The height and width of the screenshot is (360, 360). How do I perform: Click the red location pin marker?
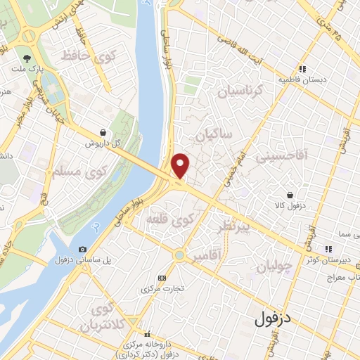[x=181, y=165]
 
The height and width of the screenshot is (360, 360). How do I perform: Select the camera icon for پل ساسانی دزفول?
[x=83, y=249]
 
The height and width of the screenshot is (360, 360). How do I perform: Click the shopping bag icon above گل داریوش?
[x=103, y=131]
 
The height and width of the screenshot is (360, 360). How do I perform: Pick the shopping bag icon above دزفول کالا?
[x=290, y=195]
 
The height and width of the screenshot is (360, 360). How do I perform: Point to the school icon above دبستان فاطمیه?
[x=302, y=69]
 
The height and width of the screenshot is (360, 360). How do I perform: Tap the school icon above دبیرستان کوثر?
[x=327, y=248]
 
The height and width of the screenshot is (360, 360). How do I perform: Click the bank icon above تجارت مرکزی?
[x=162, y=278]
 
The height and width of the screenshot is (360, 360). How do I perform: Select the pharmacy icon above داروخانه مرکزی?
[x=146, y=334]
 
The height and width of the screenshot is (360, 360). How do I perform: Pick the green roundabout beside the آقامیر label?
[x=180, y=255]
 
